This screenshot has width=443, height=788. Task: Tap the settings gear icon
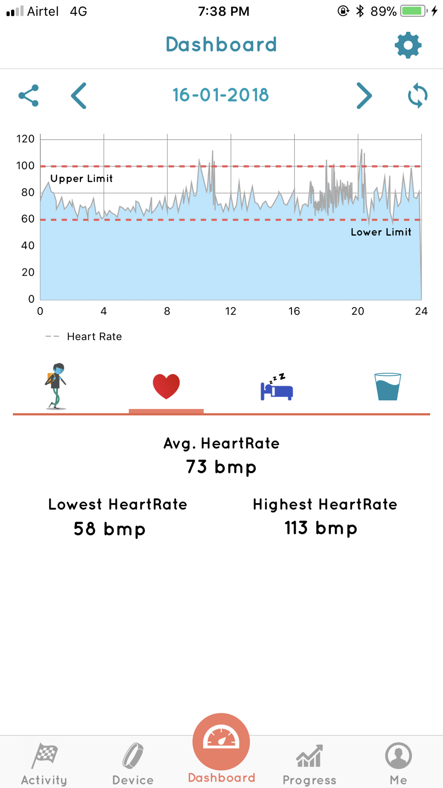click(408, 45)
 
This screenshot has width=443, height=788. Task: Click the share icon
click(29, 96)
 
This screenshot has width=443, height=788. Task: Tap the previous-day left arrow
click(79, 96)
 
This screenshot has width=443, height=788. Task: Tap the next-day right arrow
click(364, 96)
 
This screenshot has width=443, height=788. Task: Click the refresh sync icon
click(417, 96)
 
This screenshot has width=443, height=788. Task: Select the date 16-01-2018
click(221, 95)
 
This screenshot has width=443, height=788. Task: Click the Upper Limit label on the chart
click(82, 179)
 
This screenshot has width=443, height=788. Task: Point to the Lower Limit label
click(381, 232)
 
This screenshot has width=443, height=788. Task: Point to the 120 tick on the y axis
click(25, 139)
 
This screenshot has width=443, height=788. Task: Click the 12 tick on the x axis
click(230, 311)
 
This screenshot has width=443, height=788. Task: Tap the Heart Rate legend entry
click(94, 337)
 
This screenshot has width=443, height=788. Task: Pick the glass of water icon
click(388, 386)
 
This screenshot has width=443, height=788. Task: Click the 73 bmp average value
click(221, 467)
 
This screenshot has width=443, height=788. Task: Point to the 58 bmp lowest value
click(109, 529)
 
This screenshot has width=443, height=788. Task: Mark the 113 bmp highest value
click(321, 528)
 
